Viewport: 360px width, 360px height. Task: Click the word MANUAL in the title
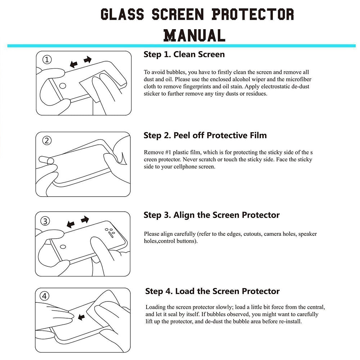[x=194, y=35]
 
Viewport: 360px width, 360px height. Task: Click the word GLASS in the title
[x=123, y=14]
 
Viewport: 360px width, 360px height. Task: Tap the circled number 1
[x=47, y=60]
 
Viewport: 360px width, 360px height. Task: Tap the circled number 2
[x=47, y=140]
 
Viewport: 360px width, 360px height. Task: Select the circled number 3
[x=45, y=221]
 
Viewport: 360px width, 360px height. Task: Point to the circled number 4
[x=45, y=296]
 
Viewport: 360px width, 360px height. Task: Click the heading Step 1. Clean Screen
[x=184, y=54]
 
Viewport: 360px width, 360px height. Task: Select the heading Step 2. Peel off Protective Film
[x=205, y=135]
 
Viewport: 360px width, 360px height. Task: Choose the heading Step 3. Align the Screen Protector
[x=211, y=215]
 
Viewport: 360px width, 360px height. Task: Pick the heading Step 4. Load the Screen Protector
[x=212, y=291]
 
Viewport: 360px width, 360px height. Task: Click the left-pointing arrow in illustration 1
[x=74, y=64]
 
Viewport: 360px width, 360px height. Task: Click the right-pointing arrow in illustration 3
[x=85, y=219]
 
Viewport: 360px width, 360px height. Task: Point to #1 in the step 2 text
[x=166, y=152]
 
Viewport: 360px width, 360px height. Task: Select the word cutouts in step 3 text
[x=252, y=234]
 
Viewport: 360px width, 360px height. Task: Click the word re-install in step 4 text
[x=289, y=321]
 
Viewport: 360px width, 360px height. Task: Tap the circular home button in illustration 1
[x=63, y=86]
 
